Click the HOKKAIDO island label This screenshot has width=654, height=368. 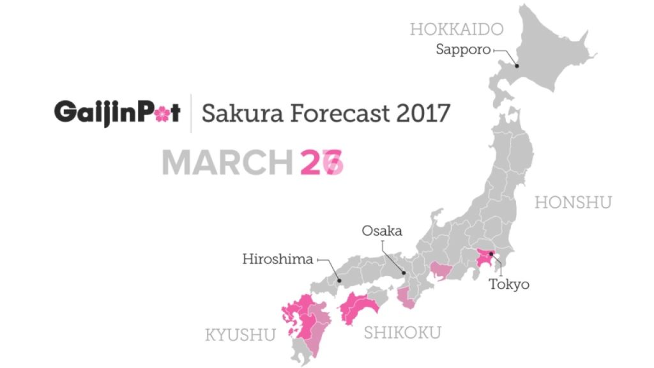click(x=457, y=29)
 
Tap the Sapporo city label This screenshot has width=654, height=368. click(x=462, y=49)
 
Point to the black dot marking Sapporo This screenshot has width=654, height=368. click(x=517, y=65)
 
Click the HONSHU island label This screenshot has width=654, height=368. click(x=573, y=203)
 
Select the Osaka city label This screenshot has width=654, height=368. click(x=381, y=231)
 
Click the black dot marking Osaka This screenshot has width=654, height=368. click(x=404, y=273)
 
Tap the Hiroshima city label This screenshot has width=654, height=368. click(x=278, y=259)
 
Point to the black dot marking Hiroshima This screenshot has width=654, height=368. click(x=340, y=280)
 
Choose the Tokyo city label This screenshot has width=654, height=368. click(x=509, y=284)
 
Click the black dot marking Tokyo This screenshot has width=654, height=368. click(x=490, y=254)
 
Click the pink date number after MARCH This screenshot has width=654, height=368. click(x=322, y=163)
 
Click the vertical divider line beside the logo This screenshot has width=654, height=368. click(x=191, y=114)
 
